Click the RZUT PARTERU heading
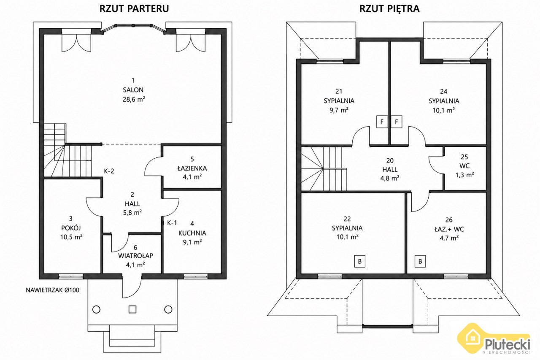point(134,8)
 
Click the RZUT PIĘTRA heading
point(389,8)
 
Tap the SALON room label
point(133,90)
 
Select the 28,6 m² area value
point(134,99)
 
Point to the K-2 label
point(109,171)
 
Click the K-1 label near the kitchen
point(172,223)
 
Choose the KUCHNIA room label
point(192,233)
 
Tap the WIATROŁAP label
point(135,256)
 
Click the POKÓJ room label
point(71,227)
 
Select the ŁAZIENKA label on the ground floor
point(192,168)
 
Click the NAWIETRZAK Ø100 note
point(53,290)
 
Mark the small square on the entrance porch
point(132,309)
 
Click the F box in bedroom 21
point(382,122)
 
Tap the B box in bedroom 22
point(360,261)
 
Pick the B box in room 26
point(420,261)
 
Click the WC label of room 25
point(464,166)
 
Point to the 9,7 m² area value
point(339,110)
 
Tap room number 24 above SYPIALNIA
point(444,92)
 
